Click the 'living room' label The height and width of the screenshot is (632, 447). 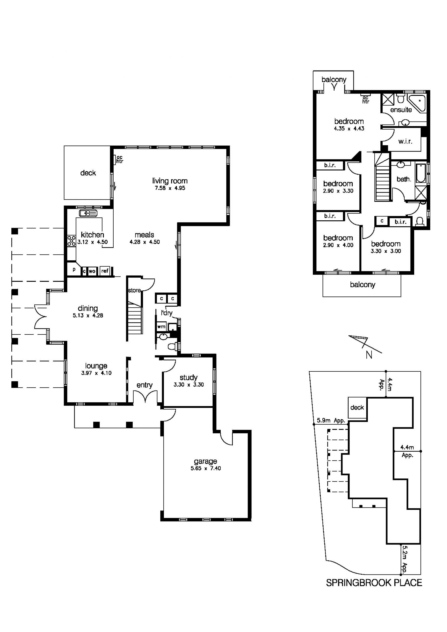(x=170, y=181)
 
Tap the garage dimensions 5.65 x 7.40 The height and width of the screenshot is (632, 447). (x=206, y=468)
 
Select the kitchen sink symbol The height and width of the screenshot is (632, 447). (x=88, y=213)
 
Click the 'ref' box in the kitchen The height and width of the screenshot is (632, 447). (x=105, y=271)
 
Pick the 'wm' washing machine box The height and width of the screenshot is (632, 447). (x=161, y=327)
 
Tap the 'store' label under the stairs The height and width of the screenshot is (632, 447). (x=134, y=290)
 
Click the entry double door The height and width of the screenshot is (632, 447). (x=145, y=395)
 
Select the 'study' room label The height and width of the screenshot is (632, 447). (x=188, y=377)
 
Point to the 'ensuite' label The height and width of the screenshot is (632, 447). (x=401, y=110)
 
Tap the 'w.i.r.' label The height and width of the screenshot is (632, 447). (x=405, y=141)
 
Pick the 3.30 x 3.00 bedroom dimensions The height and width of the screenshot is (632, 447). (x=386, y=251)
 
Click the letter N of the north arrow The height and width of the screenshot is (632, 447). (x=369, y=355)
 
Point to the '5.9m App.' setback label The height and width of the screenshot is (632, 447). (x=331, y=420)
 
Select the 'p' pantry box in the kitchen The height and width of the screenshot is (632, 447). (x=74, y=270)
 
